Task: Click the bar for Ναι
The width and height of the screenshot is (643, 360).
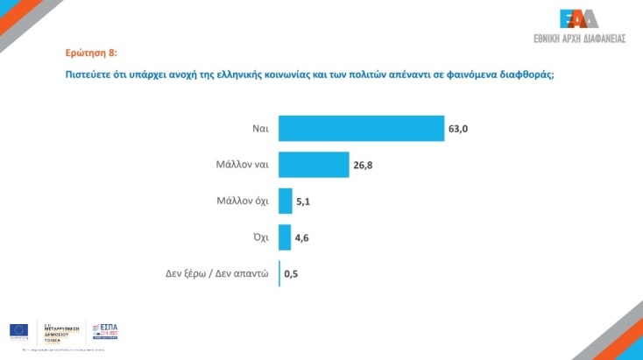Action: coord(361,128)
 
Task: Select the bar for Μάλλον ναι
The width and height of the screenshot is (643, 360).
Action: coord(314,165)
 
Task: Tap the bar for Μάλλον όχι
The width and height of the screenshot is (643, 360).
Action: coord(285,201)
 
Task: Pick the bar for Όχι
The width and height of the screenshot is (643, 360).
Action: coord(284,237)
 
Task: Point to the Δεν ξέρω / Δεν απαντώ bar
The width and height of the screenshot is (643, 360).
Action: coord(279,273)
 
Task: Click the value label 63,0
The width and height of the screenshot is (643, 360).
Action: coord(459,129)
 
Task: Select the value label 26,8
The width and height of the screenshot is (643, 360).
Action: coord(364,165)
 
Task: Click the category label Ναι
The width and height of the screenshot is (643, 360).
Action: coord(259,129)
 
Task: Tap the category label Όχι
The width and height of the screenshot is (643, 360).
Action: coord(258,237)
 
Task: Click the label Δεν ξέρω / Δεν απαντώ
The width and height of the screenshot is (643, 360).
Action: coord(216,273)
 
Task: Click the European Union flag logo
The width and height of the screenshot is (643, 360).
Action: coord(18,330)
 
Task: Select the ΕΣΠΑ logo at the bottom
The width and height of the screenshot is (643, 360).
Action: coord(104,331)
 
